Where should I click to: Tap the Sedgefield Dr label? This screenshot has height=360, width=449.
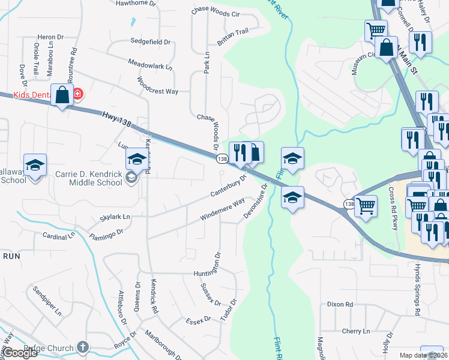click(x=151, y=42)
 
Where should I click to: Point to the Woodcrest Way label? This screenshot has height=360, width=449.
click(x=157, y=86)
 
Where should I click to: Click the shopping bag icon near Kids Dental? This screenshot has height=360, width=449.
click(x=62, y=95)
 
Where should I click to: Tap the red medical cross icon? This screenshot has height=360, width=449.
click(x=78, y=94)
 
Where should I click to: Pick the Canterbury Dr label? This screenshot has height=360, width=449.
click(x=229, y=186)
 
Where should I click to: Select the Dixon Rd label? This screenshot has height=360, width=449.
click(x=340, y=304)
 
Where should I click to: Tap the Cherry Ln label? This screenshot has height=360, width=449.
click(x=356, y=331)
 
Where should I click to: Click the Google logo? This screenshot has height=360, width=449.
click(x=20, y=353)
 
